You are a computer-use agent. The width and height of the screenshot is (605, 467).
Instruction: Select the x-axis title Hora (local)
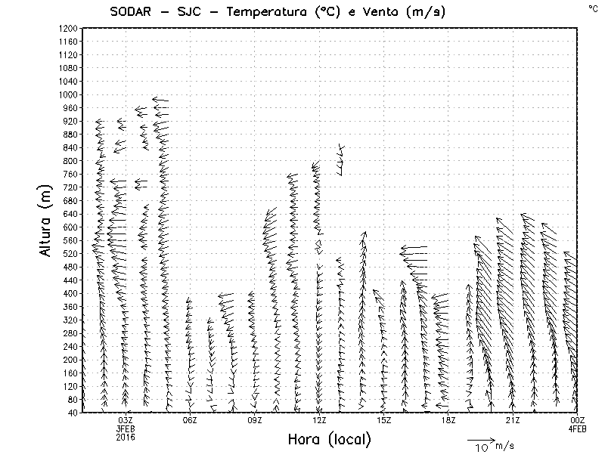pyautogui.click(x=330, y=439)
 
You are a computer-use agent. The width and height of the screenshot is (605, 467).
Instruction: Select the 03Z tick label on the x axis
pyautogui.click(x=126, y=420)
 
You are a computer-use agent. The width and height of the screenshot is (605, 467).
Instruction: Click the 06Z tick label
pyautogui.click(x=190, y=420)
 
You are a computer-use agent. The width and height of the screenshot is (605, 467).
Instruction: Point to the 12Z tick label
pyautogui.click(x=319, y=420)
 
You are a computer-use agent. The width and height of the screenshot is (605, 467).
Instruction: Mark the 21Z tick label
pyautogui.click(x=513, y=420)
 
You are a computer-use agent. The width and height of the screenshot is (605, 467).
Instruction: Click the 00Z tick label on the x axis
pyautogui.click(x=577, y=420)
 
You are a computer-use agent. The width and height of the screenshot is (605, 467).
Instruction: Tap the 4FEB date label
pyautogui.click(x=577, y=428)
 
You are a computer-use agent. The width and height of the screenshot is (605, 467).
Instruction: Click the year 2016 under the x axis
pyautogui.click(x=126, y=437)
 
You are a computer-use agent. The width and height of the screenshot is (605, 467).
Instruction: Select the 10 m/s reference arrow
pyautogui.click(x=480, y=439)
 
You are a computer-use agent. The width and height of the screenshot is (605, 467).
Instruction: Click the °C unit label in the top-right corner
pyautogui.click(x=592, y=8)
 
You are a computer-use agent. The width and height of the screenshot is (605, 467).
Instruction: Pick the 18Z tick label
pyautogui.click(x=448, y=420)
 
